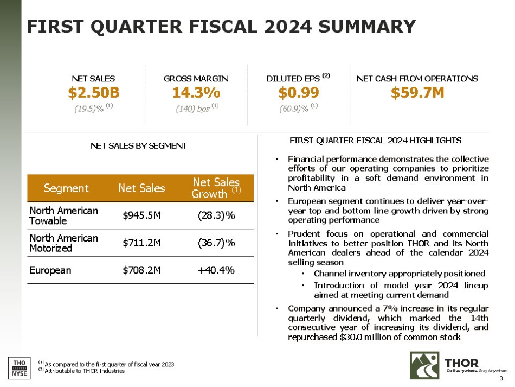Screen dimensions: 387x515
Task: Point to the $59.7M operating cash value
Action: pos(417,93)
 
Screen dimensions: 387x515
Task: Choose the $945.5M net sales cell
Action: pos(142,215)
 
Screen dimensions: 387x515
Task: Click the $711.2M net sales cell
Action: pos(142,243)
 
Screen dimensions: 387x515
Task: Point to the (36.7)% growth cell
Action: pos(216,243)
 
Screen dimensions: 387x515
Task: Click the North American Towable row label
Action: pos(63,215)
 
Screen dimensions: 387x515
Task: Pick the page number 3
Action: pos(501,378)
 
